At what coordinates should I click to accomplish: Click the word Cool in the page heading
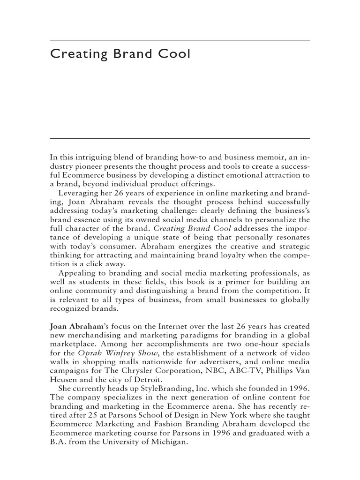click(x=174, y=54)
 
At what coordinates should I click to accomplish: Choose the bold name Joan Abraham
click(x=74, y=325)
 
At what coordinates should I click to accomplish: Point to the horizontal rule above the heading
click(x=180, y=40)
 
